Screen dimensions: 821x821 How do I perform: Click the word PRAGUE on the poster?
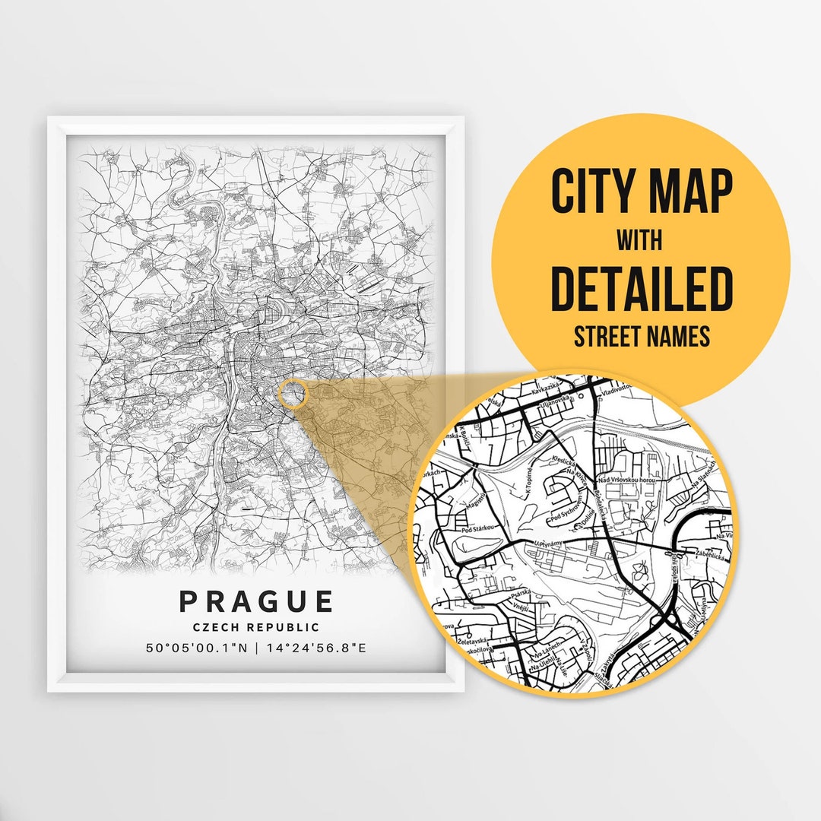[x=256, y=601]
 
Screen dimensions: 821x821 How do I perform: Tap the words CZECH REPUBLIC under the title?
[x=256, y=628]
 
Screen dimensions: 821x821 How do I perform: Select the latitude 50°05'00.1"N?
[x=196, y=648]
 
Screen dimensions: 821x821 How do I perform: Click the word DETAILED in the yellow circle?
[x=642, y=289]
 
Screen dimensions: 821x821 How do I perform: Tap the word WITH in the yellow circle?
[x=639, y=241]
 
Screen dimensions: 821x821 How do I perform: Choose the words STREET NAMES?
[x=642, y=335]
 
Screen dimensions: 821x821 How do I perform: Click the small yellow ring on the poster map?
[x=293, y=394]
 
